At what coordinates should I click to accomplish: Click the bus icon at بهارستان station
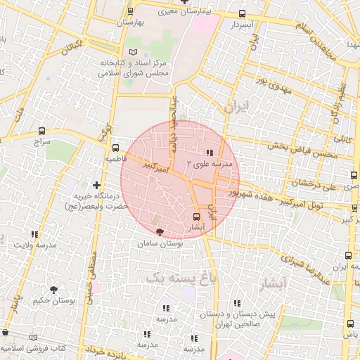(130, 12)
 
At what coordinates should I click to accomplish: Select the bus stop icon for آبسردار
(243, 13)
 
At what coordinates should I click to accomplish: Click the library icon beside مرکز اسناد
(135, 53)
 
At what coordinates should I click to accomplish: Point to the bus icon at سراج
(42, 131)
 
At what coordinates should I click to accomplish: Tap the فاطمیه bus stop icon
(116, 148)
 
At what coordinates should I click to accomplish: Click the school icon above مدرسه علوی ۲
(210, 153)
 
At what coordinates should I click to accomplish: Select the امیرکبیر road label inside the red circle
(155, 167)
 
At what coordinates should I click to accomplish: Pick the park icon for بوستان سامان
(160, 231)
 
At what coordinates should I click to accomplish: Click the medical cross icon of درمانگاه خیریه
(96, 185)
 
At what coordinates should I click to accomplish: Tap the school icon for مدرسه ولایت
(35, 233)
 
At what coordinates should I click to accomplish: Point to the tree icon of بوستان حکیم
(54, 289)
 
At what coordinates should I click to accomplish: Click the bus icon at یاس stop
(351, 323)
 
